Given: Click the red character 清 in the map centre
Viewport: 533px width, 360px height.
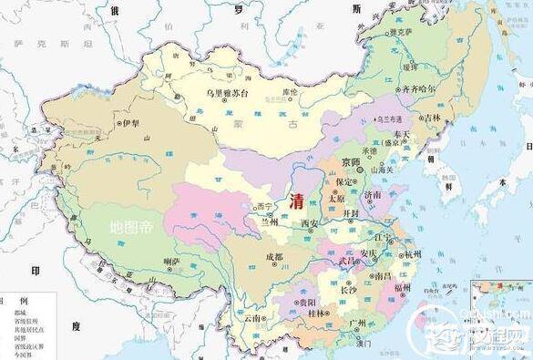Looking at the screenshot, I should [x=296, y=201].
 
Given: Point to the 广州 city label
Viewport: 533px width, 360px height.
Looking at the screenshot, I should [x=358, y=323].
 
